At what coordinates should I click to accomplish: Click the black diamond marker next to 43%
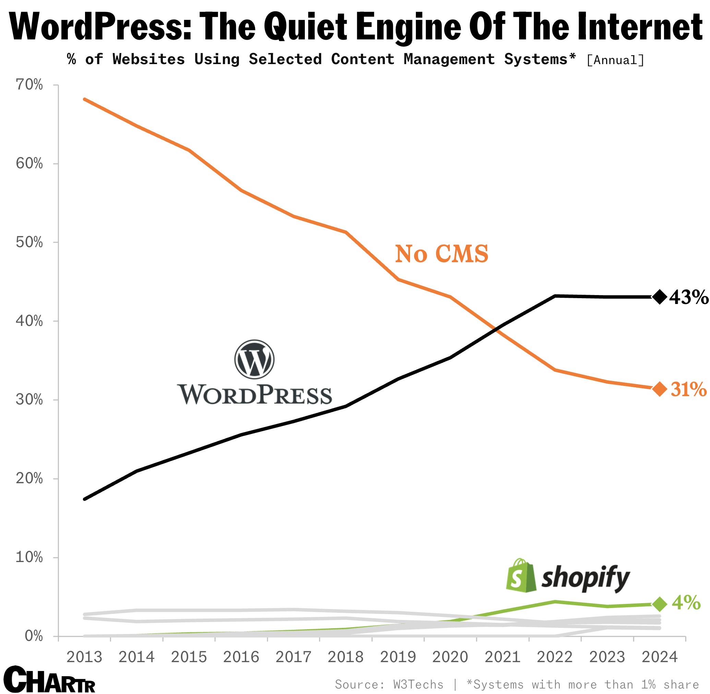tap(659, 297)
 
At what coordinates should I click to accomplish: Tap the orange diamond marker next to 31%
tap(659, 389)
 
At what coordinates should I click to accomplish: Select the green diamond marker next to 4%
tap(659, 604)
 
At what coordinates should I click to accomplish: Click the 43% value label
tap(688, 297)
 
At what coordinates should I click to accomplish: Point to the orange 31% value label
tap(688, 389)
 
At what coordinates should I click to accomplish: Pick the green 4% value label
tap(686, 603)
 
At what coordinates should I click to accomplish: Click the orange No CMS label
tap(442, 254)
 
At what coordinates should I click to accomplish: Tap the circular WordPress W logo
tap(254, 360)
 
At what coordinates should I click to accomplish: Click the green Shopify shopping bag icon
tap(521, 575)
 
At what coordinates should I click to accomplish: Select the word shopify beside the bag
tap(586, 578)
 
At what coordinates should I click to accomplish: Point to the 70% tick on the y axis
tap(29, 85)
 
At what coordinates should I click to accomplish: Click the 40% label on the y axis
tap(29, 321)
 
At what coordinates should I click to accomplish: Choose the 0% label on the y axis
tap(34, 636)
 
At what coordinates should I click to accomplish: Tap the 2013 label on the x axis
tap(84, 657)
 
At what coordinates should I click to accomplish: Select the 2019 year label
tap(398, 657)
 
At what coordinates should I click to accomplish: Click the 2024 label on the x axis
tap(659, 657)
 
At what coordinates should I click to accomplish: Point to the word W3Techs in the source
tap(418, 684)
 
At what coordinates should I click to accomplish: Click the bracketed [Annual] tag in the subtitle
tap(615, 60)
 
